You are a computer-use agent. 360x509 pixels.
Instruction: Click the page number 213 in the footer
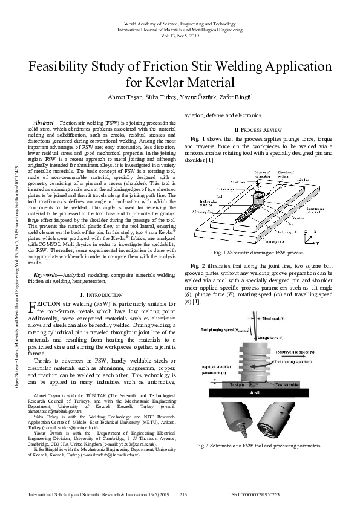pos(184,494)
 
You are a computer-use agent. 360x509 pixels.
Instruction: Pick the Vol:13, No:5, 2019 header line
pos(180,35)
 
